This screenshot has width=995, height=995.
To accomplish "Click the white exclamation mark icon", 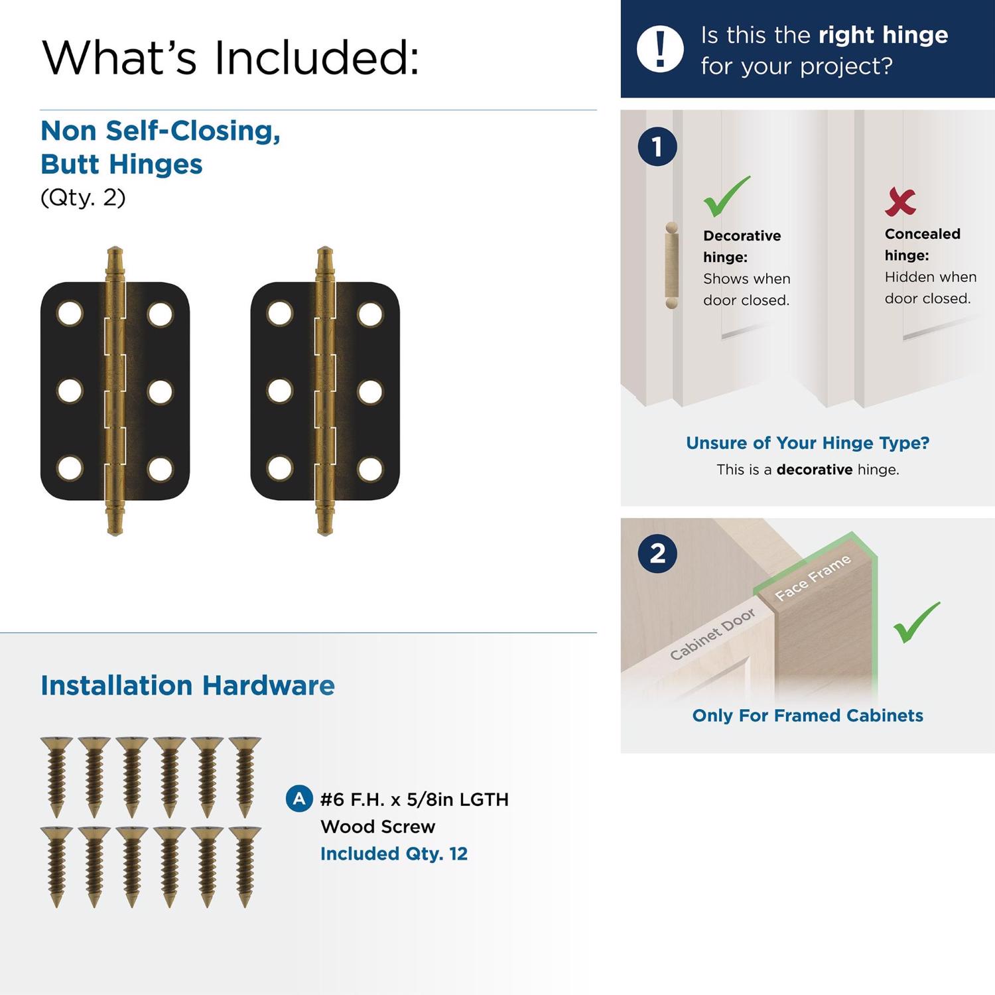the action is click(x=660, y=49).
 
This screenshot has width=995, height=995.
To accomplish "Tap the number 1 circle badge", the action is click(x=657, y=147).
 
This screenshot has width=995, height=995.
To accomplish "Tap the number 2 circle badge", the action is click(x=657, y=553).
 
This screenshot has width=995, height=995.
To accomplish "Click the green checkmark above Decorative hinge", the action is click(x=726, y=196).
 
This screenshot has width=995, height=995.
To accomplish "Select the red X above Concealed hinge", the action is click(x=900, y=202).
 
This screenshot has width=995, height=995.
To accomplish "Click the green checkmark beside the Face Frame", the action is click(x=917, y=622).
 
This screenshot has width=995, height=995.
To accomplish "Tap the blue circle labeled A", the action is click(x=299, y=799).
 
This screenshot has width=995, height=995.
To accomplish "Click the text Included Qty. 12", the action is click(x=394, y=853).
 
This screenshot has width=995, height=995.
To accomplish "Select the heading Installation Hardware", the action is click(x=188, y=685).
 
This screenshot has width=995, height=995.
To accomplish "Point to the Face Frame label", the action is click(x=813, y=578).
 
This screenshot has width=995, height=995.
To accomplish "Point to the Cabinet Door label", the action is click(x=712, y=634).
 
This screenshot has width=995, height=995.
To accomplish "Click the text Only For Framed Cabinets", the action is click(x=807, y=715).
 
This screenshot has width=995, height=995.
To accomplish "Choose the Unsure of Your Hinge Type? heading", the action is click(x=807, y=442).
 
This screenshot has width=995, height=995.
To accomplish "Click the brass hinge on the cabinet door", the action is click(x=672, y=265).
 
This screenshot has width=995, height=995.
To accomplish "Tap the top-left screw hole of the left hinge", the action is click(x=70, y=313).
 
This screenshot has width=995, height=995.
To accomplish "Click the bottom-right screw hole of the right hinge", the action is click(x=370, y=468).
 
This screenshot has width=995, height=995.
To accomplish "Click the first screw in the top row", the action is click(x=56, y=777).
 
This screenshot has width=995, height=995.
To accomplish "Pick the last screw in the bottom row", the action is click(x=245, y=866).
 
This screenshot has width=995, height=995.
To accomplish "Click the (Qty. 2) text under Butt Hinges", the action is click(x=83, y=198).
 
